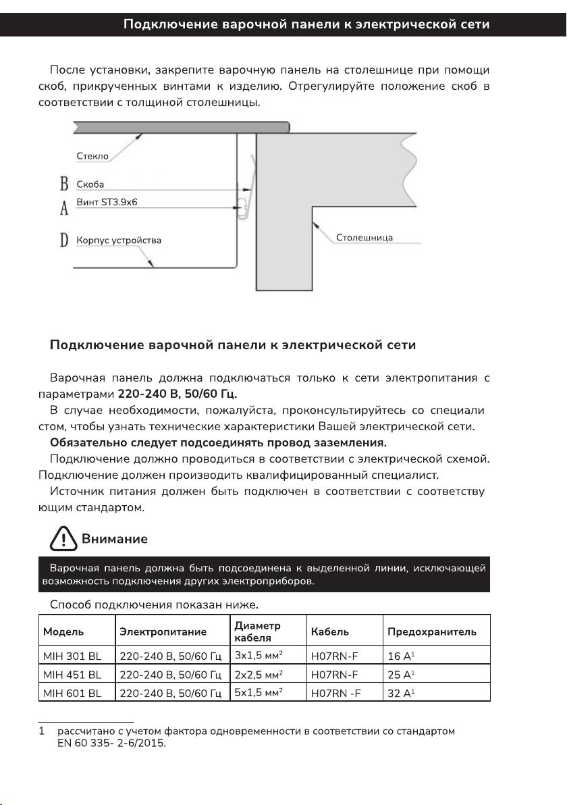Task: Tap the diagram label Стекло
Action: tap(92, 156)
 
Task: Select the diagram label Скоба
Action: tap(90, 184)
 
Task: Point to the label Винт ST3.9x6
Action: tap(107, 202)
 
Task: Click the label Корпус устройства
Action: tap(119, 240)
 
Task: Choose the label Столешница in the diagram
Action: tap(364, 237)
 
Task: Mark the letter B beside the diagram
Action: tap(65, 184)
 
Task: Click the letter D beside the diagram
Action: tap(65, 240)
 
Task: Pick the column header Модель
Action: tap(63, 632)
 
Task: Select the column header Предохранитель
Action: tap(432, 632)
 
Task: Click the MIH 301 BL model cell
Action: tap(72, 656)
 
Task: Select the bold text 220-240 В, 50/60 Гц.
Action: tap(178, 393)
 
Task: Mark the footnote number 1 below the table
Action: tap(42, 731)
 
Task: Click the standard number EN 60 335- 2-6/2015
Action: tap(112, 744)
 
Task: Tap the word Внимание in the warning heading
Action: tap(115, 539)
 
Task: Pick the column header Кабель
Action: tap(330, 632)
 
